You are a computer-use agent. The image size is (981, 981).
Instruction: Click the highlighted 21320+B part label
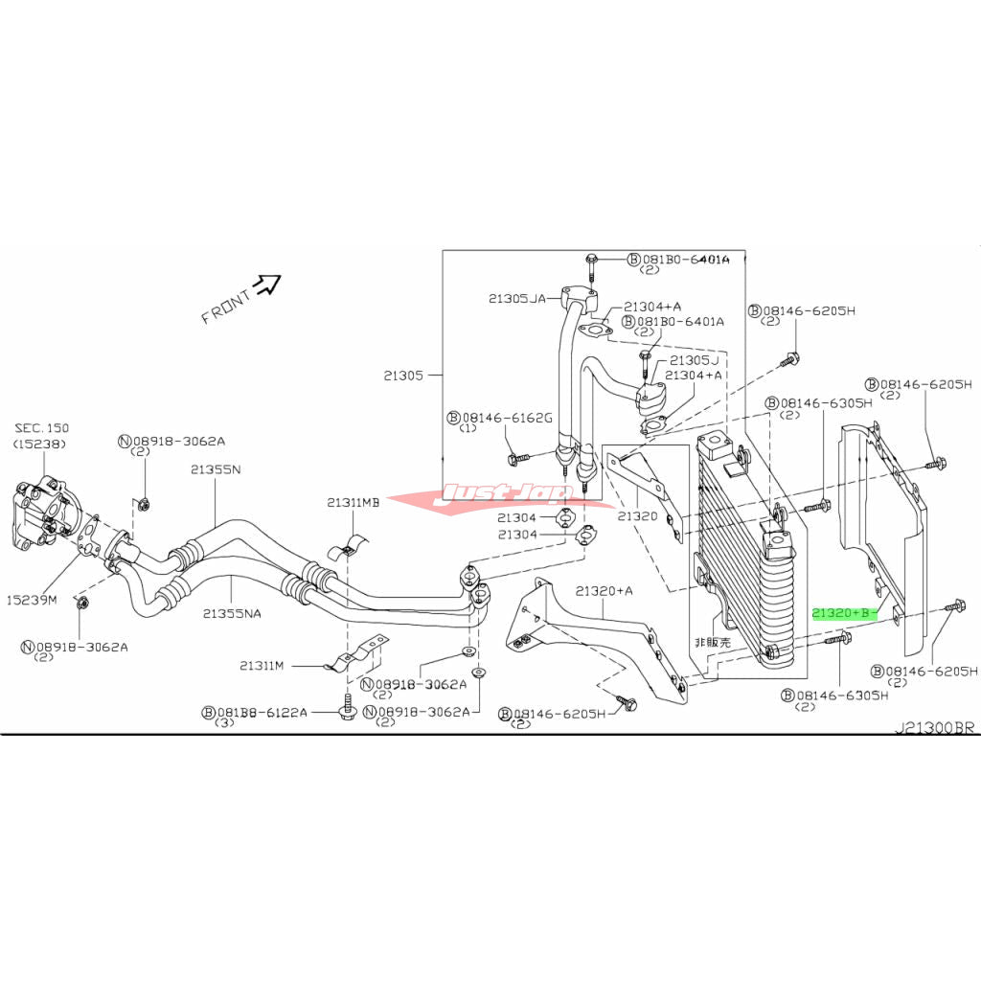click(x=843, y=612)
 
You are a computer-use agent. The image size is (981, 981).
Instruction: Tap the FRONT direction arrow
click(x=266, y=285)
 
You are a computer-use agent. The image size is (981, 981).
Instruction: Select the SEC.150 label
click(x=41, y=427)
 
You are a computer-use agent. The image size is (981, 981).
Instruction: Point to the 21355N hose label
click(x=215, y=469)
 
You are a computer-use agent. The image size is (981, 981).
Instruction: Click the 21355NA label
click(x=233, y=612)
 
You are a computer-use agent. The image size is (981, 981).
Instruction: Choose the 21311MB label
click(x=353, y=502)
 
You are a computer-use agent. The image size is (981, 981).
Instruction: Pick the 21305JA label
click(x=516, y=299)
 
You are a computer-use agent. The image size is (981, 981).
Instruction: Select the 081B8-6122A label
click(x=254, y=712)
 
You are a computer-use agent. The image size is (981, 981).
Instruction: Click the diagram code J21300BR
click(x=934, y=728)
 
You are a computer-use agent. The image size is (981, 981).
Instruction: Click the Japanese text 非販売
click(x=711, y=643)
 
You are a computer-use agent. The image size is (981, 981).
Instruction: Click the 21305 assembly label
click(x=403, y=376)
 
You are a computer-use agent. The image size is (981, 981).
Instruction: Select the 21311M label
click(x=264, y=664)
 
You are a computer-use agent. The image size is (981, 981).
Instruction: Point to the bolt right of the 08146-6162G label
click(x=515, y=460)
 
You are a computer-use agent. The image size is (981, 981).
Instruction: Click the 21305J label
click(x=694, y=360)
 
